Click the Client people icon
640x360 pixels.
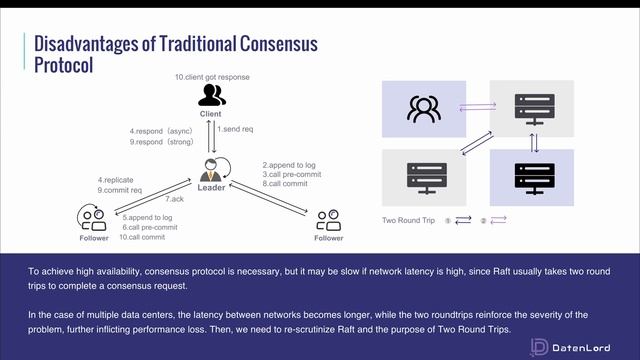pos(211,95)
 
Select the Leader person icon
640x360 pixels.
pos(211,170)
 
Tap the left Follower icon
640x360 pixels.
pos(92,217)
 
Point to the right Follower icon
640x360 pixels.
pos(327,218)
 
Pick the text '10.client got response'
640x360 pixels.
pos(212,77)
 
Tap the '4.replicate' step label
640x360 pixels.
pos(116,179)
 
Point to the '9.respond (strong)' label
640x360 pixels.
pos(163,141)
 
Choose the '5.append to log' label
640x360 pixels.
pos(148,217)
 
